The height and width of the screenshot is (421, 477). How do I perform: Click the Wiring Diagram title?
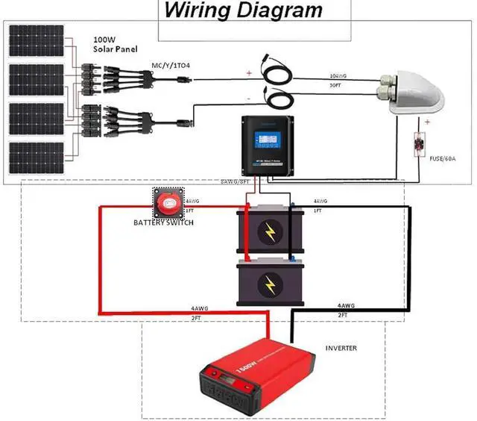coord(243,11)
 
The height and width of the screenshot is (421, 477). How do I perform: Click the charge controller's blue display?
coord(266,140)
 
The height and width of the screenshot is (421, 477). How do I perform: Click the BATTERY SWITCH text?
coord(164,223)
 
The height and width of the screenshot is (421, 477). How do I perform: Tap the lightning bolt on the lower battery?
coord(269,285)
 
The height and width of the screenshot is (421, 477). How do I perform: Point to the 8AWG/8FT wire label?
coord(240,181)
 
